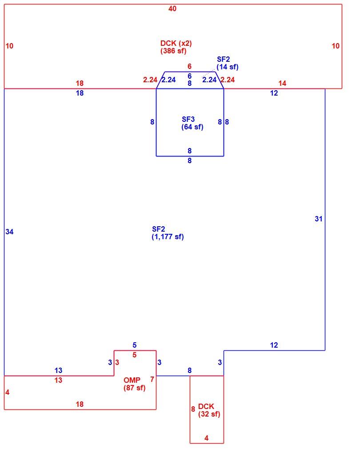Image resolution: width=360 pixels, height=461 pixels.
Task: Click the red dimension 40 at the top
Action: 172,8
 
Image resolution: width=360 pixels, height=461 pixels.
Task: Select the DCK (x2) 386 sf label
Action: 176,47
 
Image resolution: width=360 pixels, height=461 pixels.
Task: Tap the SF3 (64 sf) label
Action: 192,123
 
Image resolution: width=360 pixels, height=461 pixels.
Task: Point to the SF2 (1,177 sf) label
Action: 168,233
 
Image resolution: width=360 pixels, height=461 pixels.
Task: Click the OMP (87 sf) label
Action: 134,384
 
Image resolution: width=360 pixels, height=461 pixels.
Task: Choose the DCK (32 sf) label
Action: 209,410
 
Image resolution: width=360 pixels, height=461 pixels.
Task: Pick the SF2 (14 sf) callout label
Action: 227,63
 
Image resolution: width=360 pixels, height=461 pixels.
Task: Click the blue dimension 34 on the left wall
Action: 9,232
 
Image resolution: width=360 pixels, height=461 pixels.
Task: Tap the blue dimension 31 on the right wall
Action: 319,219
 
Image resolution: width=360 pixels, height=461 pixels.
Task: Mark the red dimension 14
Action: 282,83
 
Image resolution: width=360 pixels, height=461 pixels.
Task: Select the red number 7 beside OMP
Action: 152,379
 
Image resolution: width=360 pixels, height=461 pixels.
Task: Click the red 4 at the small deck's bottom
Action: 206,438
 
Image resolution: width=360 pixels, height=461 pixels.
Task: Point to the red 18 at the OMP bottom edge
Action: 80,404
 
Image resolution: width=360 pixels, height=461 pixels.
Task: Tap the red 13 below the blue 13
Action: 58,380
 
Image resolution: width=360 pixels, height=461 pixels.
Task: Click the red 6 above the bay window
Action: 189,66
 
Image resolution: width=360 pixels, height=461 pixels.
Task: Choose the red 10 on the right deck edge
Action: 336,46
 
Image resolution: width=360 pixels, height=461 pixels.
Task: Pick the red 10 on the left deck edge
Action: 9,46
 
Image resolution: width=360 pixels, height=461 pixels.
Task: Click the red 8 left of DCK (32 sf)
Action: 193,409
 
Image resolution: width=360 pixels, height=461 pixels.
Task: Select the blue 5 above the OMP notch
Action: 134,345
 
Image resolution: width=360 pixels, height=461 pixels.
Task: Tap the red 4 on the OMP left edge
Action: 8,392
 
